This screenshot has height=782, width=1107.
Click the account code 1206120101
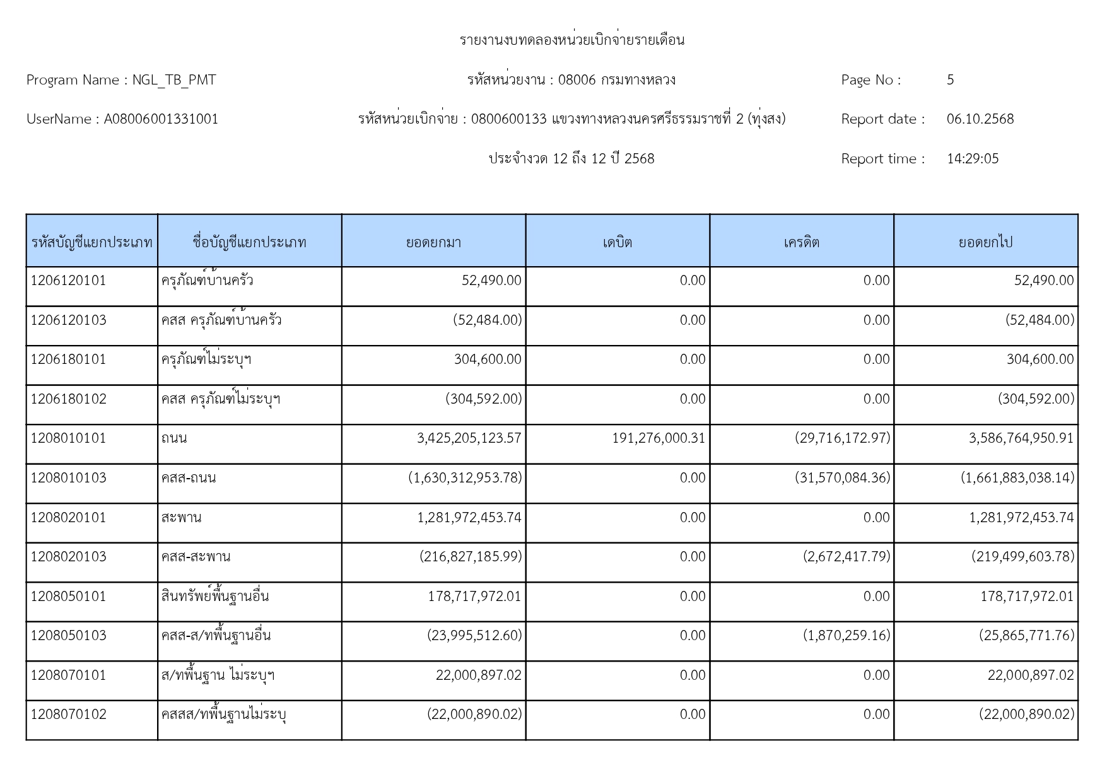(x=69, y=281)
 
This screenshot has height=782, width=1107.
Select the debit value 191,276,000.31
(x=659, y=438)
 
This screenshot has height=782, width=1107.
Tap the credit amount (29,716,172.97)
(x=843, y=438)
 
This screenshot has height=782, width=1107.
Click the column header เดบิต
(x=618, y=242)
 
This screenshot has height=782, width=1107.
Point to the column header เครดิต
(x=802, y=242)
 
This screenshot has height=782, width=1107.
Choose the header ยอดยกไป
(x=985, y=242)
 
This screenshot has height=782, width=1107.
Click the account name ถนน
(x=174, y=438)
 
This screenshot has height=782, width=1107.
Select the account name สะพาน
(x=181, y=518)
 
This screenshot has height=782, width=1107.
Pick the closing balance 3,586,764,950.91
(x=1021, y=438)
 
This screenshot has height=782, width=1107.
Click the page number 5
(x=950, y=80)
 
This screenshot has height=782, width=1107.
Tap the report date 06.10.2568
(x=980, y=119)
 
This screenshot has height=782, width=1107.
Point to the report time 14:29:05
(x=973, y=159)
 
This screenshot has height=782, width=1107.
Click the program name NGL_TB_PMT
(x=174, y=80)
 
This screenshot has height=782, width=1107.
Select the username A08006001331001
(x=161, y=119)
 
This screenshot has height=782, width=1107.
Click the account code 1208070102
(x=69, y=715)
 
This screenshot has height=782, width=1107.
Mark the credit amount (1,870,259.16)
(x=846, y=636)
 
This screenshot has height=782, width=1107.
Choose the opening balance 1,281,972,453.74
(x=469, y=518)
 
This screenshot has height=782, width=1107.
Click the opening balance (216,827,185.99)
(x=471, y=557)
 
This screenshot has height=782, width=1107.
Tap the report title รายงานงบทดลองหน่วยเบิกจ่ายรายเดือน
(x=572, y=40)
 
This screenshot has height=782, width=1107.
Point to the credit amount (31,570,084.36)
(x=843, y=478)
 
